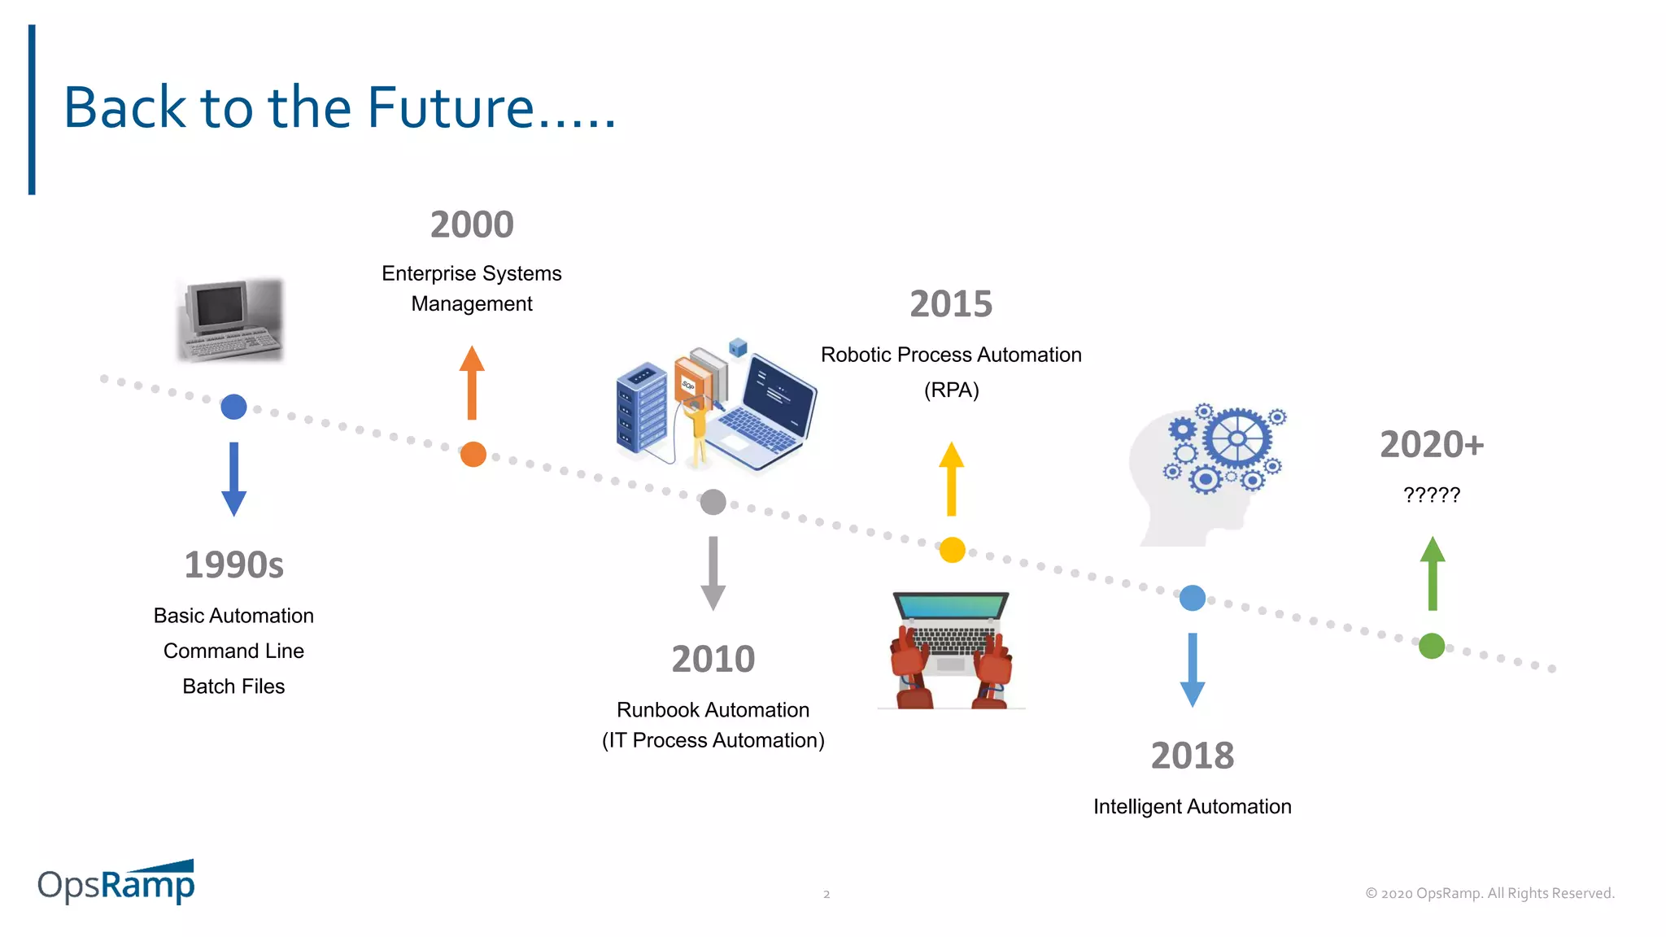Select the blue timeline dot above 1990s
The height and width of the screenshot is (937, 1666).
click(233, 407)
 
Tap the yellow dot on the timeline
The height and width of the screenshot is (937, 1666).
click(952, 550)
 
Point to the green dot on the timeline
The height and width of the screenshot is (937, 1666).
click(1432, 646)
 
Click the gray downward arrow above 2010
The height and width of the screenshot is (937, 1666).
click(713, 573)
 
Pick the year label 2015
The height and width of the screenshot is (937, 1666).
click(951, 304)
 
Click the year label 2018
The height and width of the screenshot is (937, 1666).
click(1192, 756)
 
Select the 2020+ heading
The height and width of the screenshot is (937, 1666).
click(1432, 444)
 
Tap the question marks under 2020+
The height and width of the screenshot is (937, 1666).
click(1432, 495)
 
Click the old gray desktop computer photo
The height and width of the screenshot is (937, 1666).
click(230, 320)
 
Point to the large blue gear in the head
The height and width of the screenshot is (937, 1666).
click(1236, 438)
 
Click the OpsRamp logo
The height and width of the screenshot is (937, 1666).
click(116, 883)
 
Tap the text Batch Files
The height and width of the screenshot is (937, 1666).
click(233, 686)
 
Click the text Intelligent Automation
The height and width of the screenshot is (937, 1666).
click(1192, 806)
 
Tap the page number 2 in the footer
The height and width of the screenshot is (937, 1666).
click(826, 894)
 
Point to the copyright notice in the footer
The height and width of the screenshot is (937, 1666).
click(1489, 893)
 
